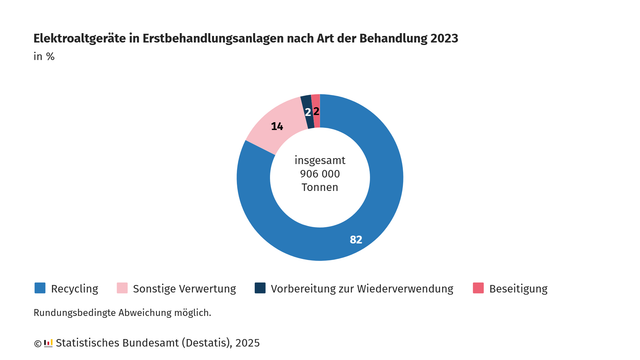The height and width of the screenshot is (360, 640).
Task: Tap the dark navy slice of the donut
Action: pos(306,104)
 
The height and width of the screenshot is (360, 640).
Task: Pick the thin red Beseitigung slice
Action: pos(316,103)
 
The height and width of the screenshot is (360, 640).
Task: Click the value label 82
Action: pos(356,240)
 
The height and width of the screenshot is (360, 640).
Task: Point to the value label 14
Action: pos(277,127)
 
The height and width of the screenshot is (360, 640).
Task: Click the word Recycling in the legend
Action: pos(74,289)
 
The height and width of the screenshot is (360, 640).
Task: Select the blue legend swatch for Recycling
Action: pos(40,288)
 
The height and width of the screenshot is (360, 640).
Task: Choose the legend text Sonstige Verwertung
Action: pos(185,289)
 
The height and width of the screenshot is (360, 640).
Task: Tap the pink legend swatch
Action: pos(124,288)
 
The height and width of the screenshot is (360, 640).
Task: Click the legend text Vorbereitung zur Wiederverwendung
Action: pos(362,289)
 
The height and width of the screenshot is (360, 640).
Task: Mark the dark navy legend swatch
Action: pos(260,288)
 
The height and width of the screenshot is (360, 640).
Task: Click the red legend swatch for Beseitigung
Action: pos(478,288)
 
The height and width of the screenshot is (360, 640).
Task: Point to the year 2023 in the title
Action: pos(443,38)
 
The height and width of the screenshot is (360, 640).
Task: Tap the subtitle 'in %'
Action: pos(44,56)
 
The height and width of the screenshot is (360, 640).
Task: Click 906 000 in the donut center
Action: pos(320,174)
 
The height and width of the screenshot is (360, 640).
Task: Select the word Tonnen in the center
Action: pos(320,188)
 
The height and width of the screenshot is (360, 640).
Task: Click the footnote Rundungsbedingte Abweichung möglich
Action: pos(122,313)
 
